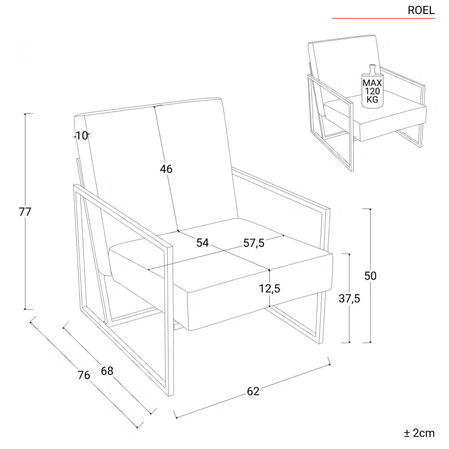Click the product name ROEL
[421, 10]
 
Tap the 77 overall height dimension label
[25, 212]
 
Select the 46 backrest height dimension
[166, 169]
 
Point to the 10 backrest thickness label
[82, 135]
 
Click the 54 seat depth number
[203, 243]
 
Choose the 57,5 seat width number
[254, 243]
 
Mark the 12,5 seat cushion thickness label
[269, 288]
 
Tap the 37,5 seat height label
[349, 298]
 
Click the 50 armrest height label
[370, 276]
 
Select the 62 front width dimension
[253, 391]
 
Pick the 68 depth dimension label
[107, 371]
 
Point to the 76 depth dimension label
[84, 375]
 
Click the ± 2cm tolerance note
[419, 433]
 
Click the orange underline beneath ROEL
[384, 18]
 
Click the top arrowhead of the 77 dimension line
[25, 114]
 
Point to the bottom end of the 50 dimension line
[371, 342]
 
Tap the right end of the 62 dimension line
[330, 365]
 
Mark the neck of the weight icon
[372, 68]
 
